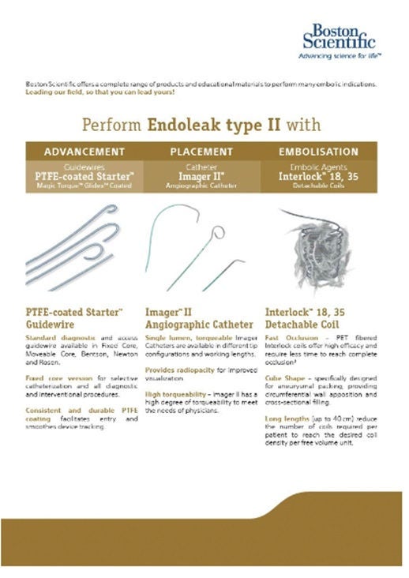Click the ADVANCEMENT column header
(84, 151)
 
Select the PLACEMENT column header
(203, 151)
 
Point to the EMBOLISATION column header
(318, 151)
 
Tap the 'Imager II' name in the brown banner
(203, 176)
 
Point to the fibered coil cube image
(320, 238)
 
